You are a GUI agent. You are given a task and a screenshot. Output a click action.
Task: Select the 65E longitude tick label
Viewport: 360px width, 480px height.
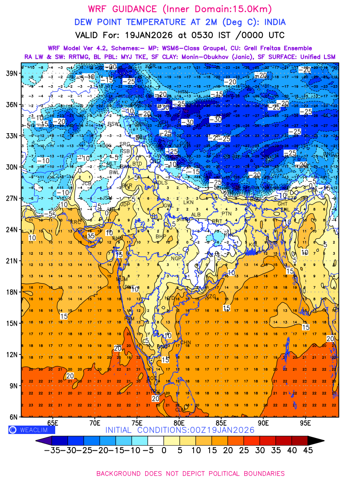click(x=52, y=423)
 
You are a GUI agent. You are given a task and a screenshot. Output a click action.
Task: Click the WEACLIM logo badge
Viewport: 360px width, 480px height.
click(x=32, y=430)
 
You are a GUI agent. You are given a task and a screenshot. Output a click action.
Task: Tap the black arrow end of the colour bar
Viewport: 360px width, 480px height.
click(x=316, y=440)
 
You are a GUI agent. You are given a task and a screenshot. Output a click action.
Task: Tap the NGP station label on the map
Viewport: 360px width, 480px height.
click(x=176, y=259)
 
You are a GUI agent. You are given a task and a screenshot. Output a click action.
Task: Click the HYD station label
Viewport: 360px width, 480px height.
click(x=170, y=298)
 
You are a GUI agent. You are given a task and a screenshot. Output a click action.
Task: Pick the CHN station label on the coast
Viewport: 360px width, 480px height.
click(x=186, y=342)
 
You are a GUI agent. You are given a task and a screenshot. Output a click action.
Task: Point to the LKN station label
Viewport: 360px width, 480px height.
click(x=188, y=203)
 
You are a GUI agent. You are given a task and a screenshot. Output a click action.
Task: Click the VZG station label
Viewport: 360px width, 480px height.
click(x=211, y=297)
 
